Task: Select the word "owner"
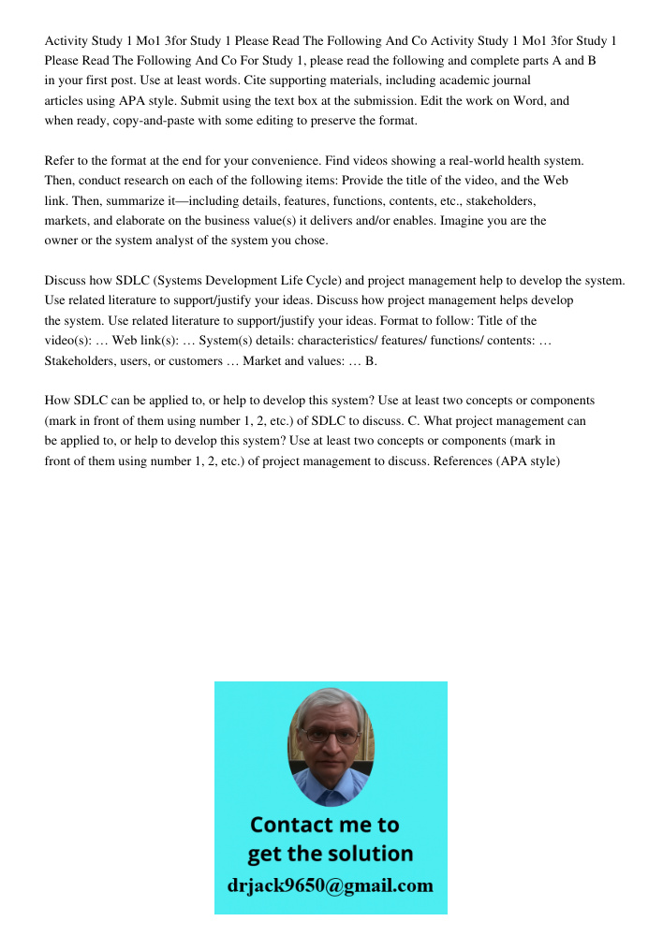[63, 241]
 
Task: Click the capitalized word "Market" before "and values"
[263, 360]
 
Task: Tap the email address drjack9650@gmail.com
[331, 885]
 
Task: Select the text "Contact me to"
[325, 825]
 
